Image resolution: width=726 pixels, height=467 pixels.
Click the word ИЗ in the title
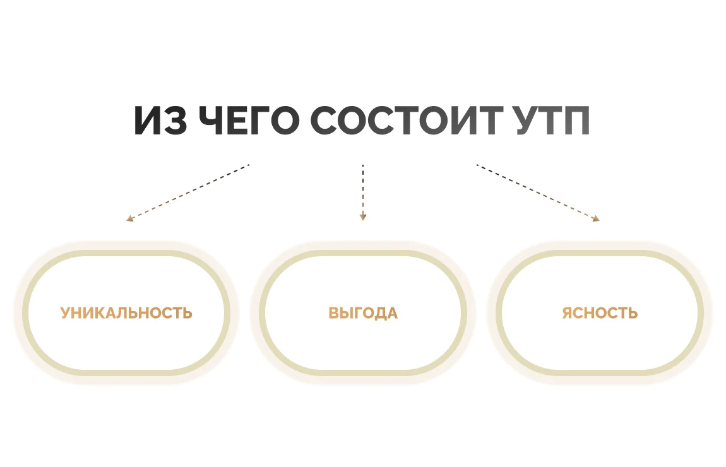[x=160, y=121]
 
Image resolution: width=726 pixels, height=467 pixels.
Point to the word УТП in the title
[x=552, y=121]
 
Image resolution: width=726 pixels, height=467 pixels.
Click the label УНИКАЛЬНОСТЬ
[x=126, y=313]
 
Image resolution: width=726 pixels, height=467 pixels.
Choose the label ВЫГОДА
[x=363, y=313]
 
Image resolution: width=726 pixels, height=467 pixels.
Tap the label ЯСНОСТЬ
[x=600, y=313]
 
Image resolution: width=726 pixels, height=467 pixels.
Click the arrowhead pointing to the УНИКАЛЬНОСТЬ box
[x=129, y=218]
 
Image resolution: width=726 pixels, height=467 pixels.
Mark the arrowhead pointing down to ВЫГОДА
[x=363, y=217]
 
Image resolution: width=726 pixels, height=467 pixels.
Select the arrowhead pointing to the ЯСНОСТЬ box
[x=597, y=218]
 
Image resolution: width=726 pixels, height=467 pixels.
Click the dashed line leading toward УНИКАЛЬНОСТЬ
[x=188, y=192]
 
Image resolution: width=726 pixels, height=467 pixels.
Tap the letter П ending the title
[x=577, y=121]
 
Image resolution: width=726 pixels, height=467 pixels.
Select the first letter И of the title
[x=148, y=121]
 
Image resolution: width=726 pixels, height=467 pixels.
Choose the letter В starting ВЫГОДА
[x=334, y=313]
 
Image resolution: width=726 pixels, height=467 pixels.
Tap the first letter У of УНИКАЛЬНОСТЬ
[x=66, y=313]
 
